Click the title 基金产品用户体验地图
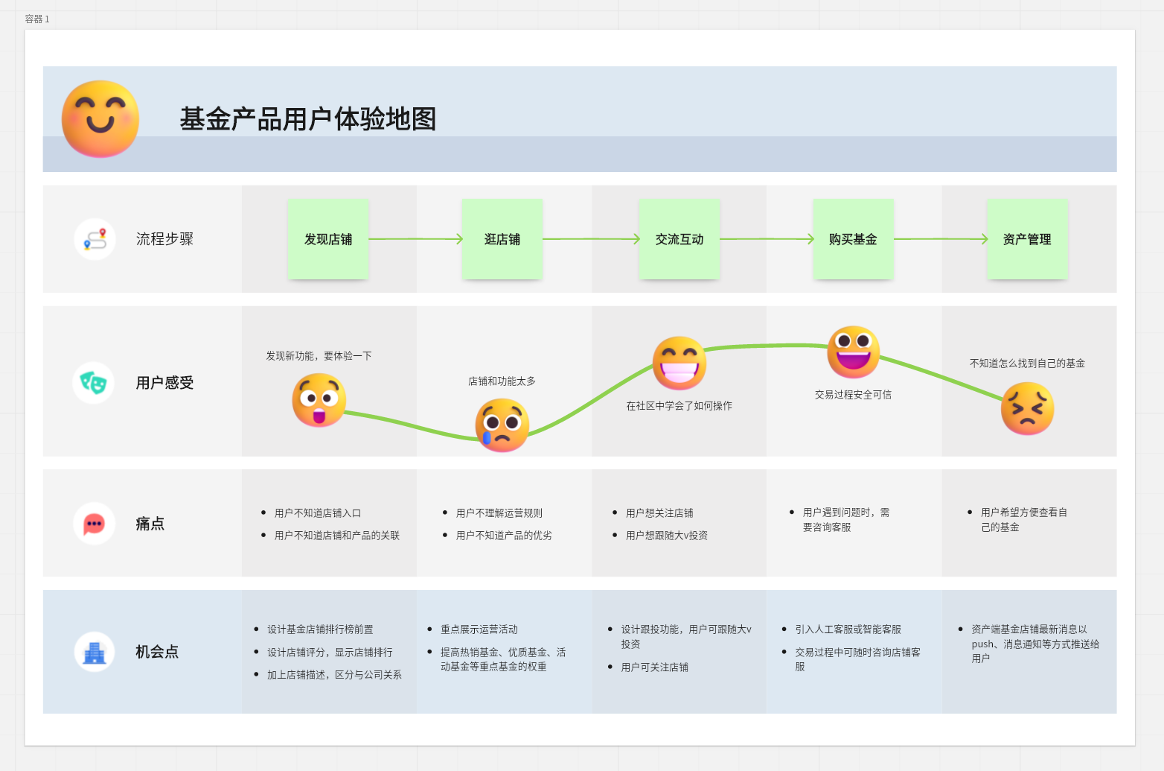tap(307, 119)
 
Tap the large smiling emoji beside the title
tap(100, 118)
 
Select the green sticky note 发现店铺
tap(328, 239)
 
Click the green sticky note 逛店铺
tap(502, 239)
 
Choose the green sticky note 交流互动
tap(679, 239)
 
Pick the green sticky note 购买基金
tap(853, 239)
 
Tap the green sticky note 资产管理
tap(1027, 239)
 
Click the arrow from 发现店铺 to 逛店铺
tap(416, 239)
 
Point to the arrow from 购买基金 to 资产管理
tap(941, 239)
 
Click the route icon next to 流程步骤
tap(95, 239)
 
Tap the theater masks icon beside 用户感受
tap(94, 383)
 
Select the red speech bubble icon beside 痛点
tap(94, 524)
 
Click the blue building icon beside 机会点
tap(95, 652)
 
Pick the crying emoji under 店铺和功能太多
tap(502, 425)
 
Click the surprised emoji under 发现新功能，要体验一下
tap(319, 400)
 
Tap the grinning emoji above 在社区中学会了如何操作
tap(679, 363)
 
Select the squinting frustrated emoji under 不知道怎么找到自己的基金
tap(1027, 408)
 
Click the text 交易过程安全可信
tap(853, 395)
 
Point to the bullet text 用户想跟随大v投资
tap(667, 536)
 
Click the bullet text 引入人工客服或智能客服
tap(848, 629)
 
